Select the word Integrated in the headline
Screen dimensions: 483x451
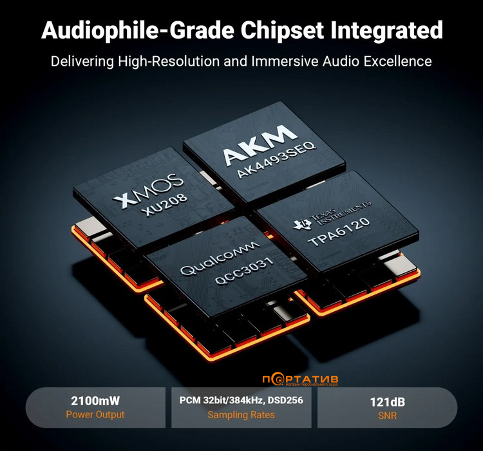point(386,31)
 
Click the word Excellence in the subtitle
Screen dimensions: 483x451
point(398,61)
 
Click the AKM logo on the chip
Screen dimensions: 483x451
point(260,145)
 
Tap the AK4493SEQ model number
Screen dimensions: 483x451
point(276,160)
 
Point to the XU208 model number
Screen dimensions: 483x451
point(164,205)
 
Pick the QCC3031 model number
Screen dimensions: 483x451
point(244,271)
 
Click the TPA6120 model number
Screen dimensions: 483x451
point(339,231)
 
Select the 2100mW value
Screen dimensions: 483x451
point(95,401)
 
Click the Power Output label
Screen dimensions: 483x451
point(95,415)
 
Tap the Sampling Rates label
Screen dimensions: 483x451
point(241,415)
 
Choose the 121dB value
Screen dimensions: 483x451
point(388,402)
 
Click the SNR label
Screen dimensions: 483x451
point(388,416)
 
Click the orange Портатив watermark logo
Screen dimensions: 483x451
point(300,379)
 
